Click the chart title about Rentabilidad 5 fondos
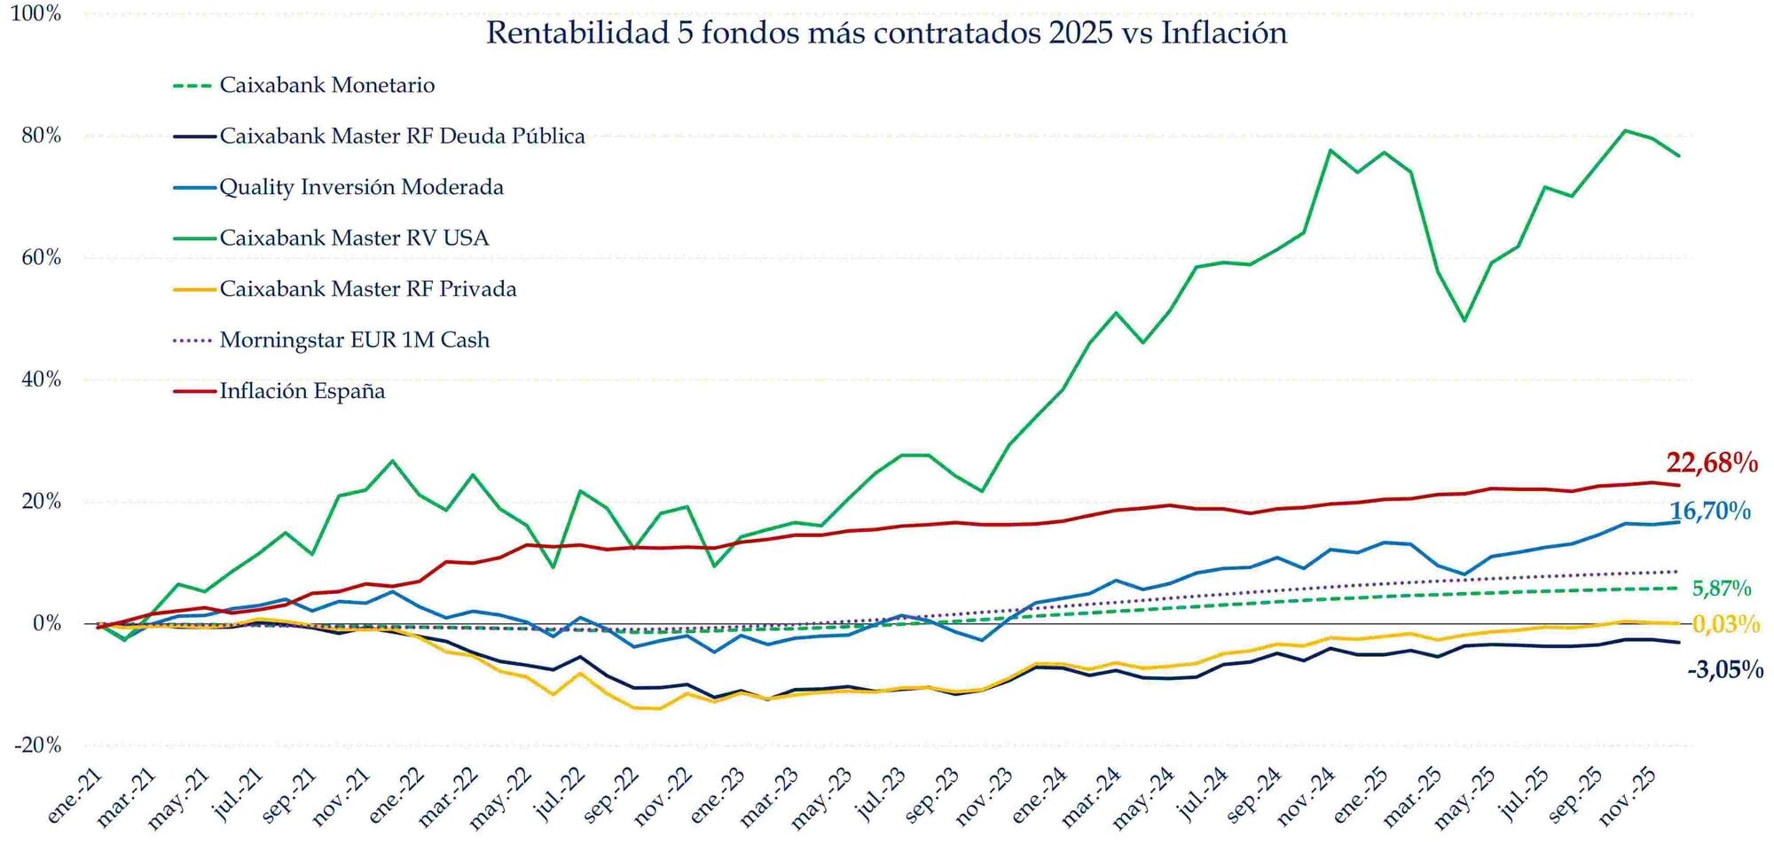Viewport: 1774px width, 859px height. (886, 34)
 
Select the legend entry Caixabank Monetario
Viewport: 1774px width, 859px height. (326, 85)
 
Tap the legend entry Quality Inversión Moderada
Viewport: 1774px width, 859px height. (361, 187)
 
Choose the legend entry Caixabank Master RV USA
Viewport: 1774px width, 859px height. (354, 238)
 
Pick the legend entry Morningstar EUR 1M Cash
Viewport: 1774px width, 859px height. (354, 340)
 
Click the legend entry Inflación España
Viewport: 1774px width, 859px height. (302, 391)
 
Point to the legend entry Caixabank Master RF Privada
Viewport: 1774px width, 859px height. (367, 289)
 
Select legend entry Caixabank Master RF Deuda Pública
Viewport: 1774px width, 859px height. (402, 137)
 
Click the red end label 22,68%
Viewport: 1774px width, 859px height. (1711, 463)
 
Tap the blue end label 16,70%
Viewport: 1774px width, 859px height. (1710, 511)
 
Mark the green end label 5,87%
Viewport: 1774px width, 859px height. (1721, 589)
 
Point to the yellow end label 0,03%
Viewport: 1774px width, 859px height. (1725, 624)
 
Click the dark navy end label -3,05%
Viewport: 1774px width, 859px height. (1724, 670)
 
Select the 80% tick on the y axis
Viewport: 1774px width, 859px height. (42, 136)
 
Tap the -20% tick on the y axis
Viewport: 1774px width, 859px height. (38, 746)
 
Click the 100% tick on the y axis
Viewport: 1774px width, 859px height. (36, 14)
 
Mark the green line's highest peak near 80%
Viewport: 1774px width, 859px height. (1624, 131)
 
